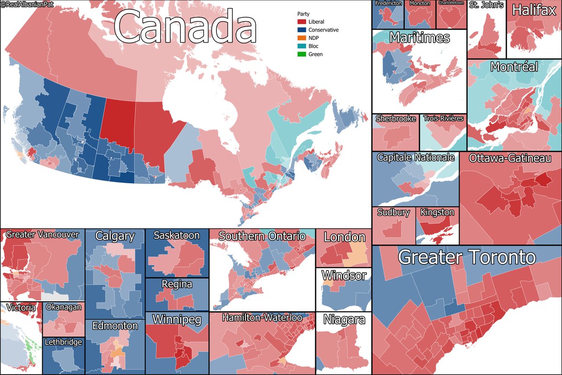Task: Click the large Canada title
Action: click(x=185, y=28)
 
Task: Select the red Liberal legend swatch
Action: click(x=302, y=22)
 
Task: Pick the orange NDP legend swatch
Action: click(x=302, y=38)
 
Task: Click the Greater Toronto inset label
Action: click(x=466, y=257)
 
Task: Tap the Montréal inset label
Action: click(x=514, y=67)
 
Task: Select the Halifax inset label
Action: click(x=533, y=10)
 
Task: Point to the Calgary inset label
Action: click(x=115, y=236)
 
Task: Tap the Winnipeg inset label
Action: click(x=177, y=320)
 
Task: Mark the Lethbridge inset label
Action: click(x=63, y=342)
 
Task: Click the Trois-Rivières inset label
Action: click(x=443, y=119)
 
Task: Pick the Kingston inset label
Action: click(x=437, y=212)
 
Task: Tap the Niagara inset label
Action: click(x=344, y=320)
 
